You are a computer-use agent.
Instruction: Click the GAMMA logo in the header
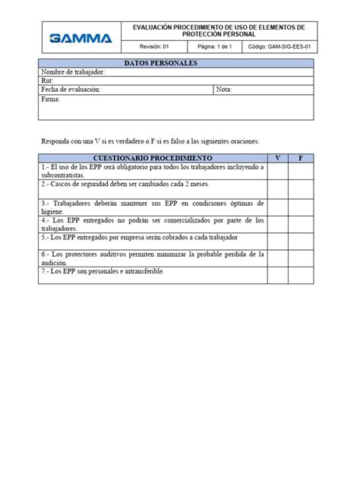tap(80, 38)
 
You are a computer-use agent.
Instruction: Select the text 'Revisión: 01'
tap(154, 46)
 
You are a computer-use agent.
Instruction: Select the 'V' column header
tap(278, 158)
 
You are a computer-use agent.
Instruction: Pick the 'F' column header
tap(301, 158)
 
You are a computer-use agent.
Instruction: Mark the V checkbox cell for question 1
tap(278, 171)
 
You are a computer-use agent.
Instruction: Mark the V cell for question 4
tap(278, 224)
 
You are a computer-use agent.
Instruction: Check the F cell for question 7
tap(301, 275)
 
